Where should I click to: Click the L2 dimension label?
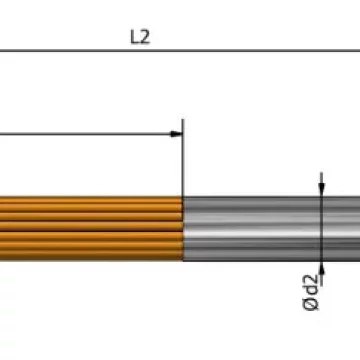point(140,37)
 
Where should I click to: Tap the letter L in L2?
point(135,37)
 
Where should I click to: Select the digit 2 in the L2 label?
point(145,37)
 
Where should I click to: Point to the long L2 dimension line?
point(180,51)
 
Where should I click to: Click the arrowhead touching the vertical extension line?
point(176,134)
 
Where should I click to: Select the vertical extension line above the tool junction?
point(182,157)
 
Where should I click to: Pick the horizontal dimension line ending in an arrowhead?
point(91,134)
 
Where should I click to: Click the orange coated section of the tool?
point(91,228)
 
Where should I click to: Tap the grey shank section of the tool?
point(272,229)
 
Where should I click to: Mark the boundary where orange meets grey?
point(183,229)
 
